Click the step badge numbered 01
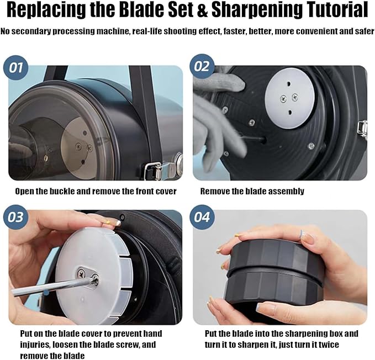[16, 68]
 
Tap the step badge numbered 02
[202, 66]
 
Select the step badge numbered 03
[16, 218]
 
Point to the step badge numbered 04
[202, 218]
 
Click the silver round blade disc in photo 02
[289, 98]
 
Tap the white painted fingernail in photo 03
[118, 223]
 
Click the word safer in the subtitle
[365, 31]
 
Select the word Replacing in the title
[46, 10]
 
